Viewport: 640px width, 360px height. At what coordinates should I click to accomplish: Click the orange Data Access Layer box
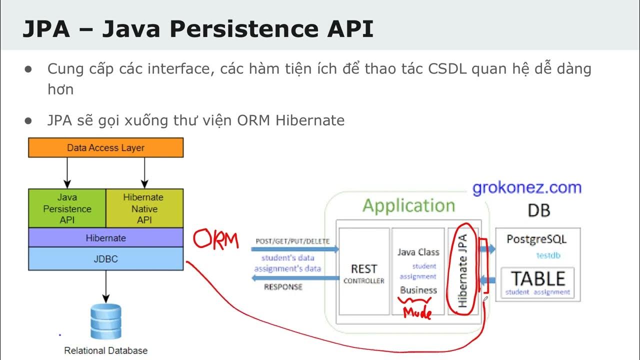105,147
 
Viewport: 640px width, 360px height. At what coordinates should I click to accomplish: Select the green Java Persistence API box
67,208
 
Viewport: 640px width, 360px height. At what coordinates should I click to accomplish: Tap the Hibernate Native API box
144,208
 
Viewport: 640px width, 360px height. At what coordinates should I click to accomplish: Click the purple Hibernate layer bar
105,238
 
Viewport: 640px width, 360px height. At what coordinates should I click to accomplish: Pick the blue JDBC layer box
105,259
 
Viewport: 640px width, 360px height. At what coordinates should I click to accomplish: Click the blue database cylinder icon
105,321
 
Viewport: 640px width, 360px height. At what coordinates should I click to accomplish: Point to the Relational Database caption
105,350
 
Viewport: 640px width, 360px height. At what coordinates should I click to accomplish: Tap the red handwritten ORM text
216,240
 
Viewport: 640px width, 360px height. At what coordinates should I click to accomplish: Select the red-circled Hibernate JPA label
463,270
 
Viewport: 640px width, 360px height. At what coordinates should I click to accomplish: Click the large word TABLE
537,278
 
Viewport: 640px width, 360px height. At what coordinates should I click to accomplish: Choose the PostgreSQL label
536,239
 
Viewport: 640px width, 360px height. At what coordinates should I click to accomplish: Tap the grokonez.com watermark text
527,188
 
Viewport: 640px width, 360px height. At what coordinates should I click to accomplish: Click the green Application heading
408,205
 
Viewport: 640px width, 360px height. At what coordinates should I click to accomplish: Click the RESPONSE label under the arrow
283,287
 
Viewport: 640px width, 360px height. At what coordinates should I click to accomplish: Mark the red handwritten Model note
417,313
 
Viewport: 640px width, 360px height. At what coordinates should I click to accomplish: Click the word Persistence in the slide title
235,29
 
